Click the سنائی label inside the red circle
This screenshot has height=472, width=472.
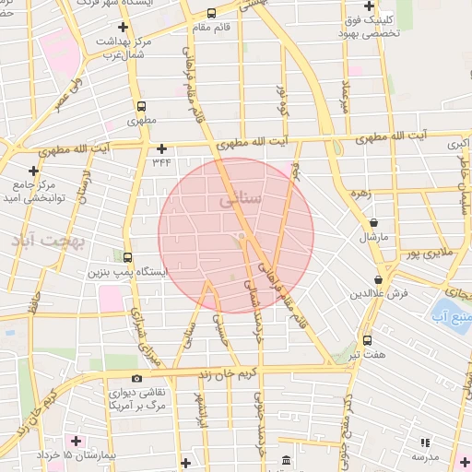tap(242, 198)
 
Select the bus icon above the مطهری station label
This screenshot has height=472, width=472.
tap(141, 106)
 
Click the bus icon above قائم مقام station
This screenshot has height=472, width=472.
tap(212, 13)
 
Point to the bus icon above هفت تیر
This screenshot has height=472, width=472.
tap(368, 339)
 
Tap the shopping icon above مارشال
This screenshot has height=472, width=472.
tap(374, 222)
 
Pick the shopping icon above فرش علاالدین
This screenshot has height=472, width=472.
tap(379, 280)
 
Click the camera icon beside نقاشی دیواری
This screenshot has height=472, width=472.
tap(136, 378)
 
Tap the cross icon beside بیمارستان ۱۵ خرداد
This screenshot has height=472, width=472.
tap(75, 440)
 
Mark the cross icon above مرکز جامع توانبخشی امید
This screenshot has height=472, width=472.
tap(33, 170)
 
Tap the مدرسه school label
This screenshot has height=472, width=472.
tap(425, 456)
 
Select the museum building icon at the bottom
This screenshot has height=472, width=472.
tap(286, 459)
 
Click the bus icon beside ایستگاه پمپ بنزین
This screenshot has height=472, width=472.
tap(126, 257)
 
